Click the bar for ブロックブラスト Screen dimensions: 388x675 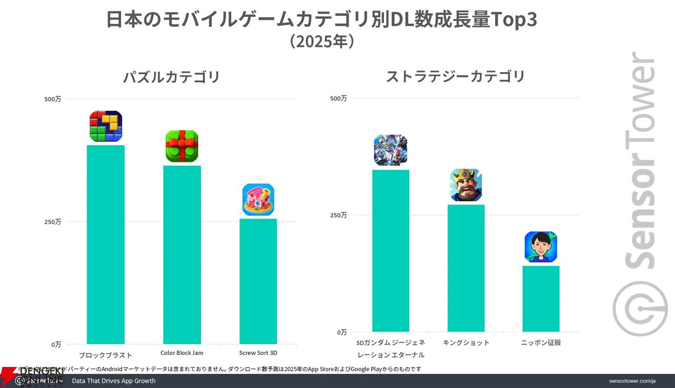(x=105, y=245)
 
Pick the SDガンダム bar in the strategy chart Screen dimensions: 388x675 (x=390, y=250)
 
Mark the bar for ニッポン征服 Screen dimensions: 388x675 (x=541, y=298)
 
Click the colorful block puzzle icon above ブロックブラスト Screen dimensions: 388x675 (x=105, y=127)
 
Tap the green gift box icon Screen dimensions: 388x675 (x=182, y=146)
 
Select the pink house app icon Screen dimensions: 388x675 (x=258, y=200)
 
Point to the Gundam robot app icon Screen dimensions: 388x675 (x=390, y=150)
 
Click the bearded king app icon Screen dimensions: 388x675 (x=466, y=185)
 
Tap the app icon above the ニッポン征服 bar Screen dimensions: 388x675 (x=541, y=247)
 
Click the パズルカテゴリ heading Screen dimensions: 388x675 (x=171, y=77)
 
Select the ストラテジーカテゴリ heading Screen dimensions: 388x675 (x=456, y=76)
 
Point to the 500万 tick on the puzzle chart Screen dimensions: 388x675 (x=53, y=99)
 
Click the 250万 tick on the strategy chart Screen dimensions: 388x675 (x=338, y=215)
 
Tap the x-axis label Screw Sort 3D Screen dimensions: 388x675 (x=258, y=353)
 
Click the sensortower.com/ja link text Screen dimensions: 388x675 (x=632, y=381)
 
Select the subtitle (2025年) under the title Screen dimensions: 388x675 (x=321, y=42)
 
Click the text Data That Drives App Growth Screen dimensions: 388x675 (x=113, y=381)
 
